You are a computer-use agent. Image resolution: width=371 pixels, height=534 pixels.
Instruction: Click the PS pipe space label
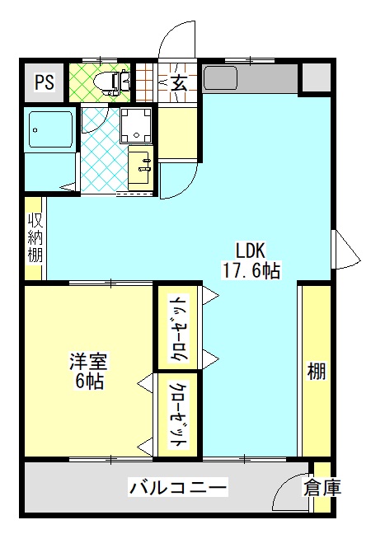click(45, 82)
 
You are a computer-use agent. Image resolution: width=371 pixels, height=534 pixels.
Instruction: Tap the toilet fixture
click(112, 82)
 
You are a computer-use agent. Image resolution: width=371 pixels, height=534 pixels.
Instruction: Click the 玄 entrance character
click(179, 83)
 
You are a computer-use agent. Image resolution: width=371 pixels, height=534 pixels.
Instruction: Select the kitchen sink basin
click(220, 77)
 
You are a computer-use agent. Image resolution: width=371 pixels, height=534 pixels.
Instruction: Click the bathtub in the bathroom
click(51, 129)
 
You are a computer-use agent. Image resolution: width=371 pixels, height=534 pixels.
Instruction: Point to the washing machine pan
click(136, 125)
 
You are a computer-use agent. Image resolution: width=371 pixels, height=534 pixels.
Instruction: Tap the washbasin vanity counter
click(141, 167)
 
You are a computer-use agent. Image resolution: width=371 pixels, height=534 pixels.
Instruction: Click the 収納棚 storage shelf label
click(35, 237)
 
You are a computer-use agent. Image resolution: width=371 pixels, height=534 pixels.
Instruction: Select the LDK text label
click(251, 251)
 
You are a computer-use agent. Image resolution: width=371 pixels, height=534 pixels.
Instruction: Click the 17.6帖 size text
click(251, 271)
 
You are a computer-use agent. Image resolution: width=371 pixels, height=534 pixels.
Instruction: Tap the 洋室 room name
click(88, 361)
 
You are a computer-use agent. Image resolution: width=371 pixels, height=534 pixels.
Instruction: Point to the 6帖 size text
click(89, 382)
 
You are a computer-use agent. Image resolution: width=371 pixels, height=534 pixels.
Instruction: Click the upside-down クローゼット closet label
click(179, 327)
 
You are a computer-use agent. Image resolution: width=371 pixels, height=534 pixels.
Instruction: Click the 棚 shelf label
click(317, 371)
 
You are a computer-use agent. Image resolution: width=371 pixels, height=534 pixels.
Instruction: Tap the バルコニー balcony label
click(177, 488)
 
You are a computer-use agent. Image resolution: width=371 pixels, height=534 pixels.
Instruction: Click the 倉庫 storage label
click(322, 488)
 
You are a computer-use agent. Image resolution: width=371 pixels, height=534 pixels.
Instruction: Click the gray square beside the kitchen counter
click(317, 77)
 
